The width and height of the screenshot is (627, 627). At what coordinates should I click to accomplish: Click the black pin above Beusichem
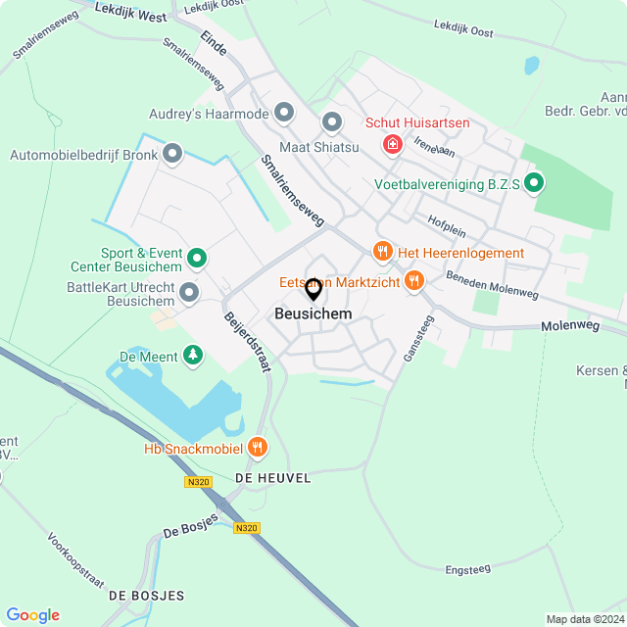point(313,290)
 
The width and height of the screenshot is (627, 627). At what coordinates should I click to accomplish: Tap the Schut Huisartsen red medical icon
point(393,145)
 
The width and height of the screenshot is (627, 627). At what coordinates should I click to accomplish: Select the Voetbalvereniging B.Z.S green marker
point(534,183)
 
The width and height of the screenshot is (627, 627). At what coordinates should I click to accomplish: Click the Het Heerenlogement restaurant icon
point(383,253)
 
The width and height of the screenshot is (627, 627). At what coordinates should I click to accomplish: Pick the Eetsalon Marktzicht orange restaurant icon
point(414,282)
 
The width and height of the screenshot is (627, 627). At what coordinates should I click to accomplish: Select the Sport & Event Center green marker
point(197,260)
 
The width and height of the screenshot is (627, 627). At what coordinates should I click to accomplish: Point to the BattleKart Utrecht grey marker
point(189,292)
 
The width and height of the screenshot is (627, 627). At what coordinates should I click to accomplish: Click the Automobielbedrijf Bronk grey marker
point(172,154)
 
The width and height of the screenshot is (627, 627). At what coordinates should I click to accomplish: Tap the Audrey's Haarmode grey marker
point(284,114)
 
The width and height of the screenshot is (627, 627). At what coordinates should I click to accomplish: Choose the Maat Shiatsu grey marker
point(331,123)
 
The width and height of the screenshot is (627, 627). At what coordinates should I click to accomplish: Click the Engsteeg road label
point(467,568)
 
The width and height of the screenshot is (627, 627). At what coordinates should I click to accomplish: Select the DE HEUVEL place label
point(272,477)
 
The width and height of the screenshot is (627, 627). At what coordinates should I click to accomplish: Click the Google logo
point(32,614)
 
